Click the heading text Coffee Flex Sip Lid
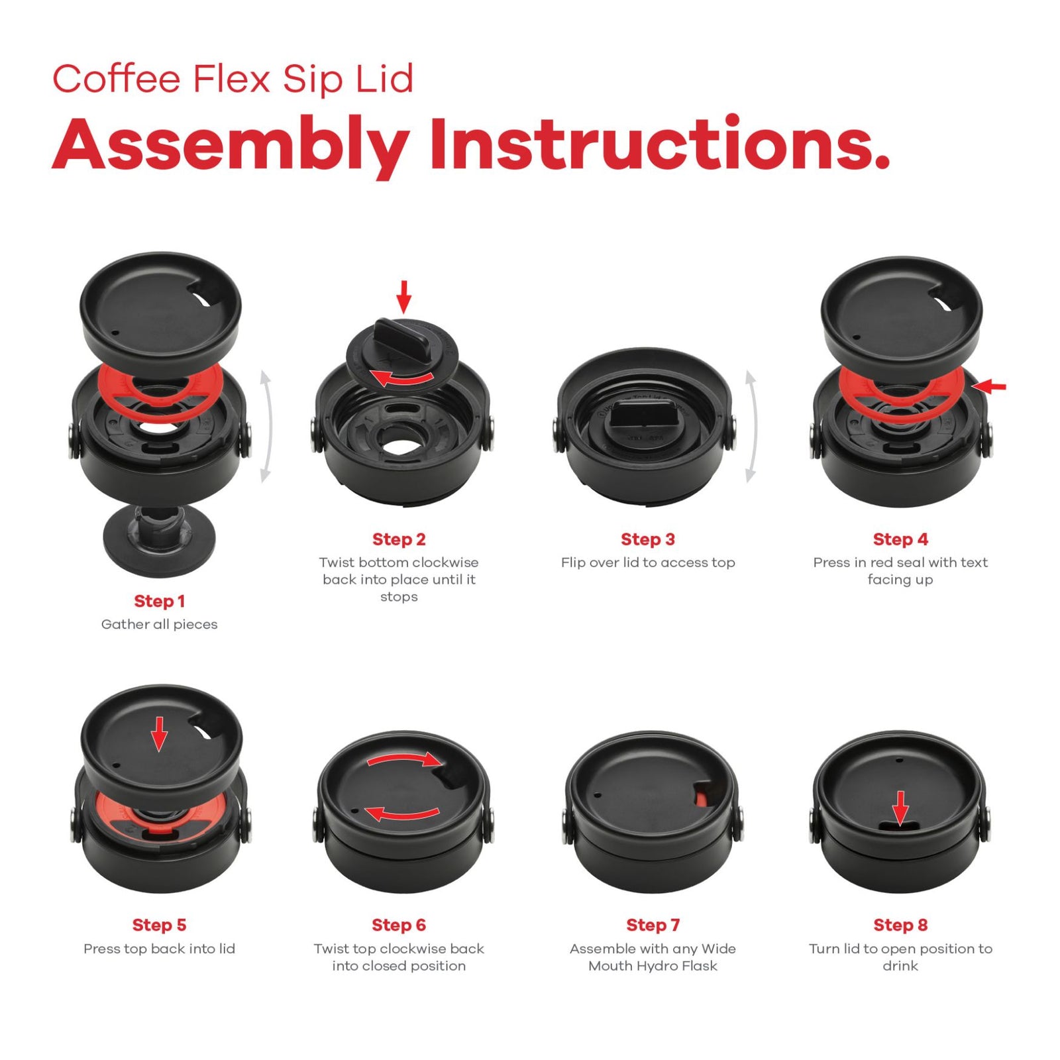coord(233,79)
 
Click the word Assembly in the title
coord(230,145)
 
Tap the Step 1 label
coord(159,601)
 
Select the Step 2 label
coord(399,539)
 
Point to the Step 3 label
coord(647,539)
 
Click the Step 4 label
coord(900,539)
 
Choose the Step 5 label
coord(159,925)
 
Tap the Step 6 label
coord(399,925)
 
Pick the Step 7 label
coord(653,925)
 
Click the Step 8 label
coord(900,925)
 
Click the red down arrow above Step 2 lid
coord(403,296)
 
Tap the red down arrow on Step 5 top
coord(158,733)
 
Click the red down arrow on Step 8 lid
coord(900,808)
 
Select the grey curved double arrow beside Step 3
coord(751,426)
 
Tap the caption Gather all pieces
coord(159,624)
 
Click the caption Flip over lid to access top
coord(647,562)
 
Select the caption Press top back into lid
coord(159,949)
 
